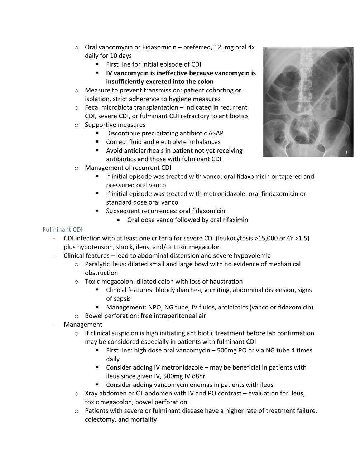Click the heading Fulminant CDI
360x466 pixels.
tap(62, 229)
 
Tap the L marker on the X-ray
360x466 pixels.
tap(347, 153)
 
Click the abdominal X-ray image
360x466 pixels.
tap(308, 102)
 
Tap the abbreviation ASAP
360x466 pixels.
tap(216, 133)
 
